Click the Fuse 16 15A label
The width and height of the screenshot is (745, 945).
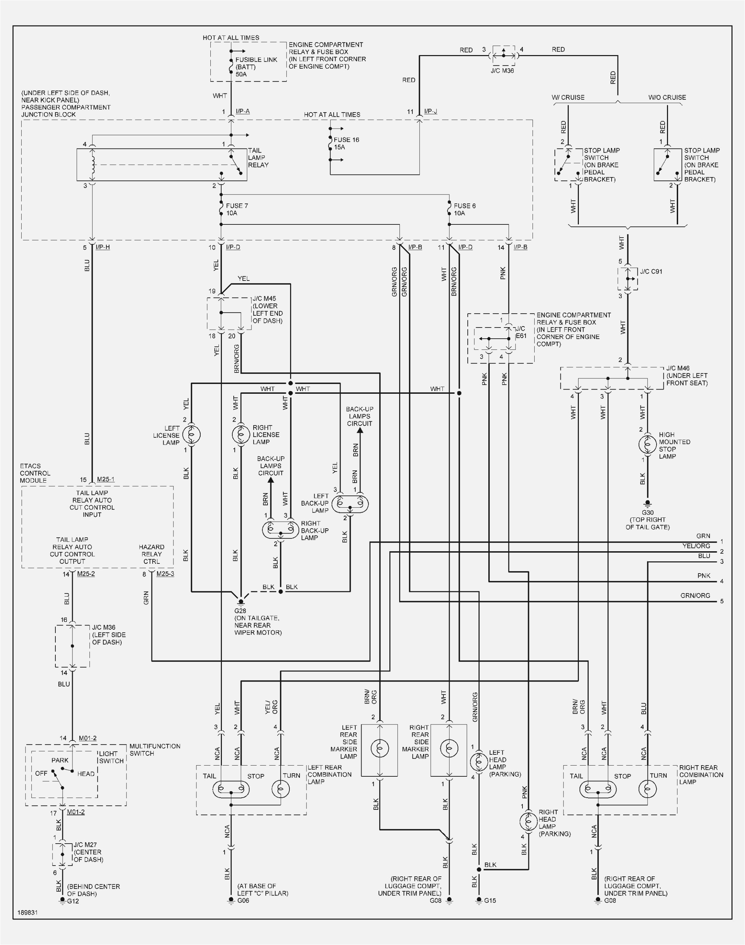click(x=346, y=144)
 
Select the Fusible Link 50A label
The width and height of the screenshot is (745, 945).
click(x=256, y=67)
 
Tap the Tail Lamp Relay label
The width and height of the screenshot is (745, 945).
click(x=258, y=157)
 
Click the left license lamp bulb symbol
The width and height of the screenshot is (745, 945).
click(x=191, y=434)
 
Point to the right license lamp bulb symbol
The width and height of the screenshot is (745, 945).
click(x=241, y=434)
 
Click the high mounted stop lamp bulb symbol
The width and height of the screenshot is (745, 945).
click(x=647, y=445)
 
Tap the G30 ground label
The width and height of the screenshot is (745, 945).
click(x=647, y=512)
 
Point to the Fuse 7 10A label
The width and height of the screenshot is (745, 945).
click(x=237, y=209)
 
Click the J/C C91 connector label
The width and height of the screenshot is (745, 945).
click(x=651, y=271)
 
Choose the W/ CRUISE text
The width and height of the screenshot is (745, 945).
click(x=568, y=97)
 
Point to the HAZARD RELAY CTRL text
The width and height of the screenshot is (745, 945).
click(x=152, y=554)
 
